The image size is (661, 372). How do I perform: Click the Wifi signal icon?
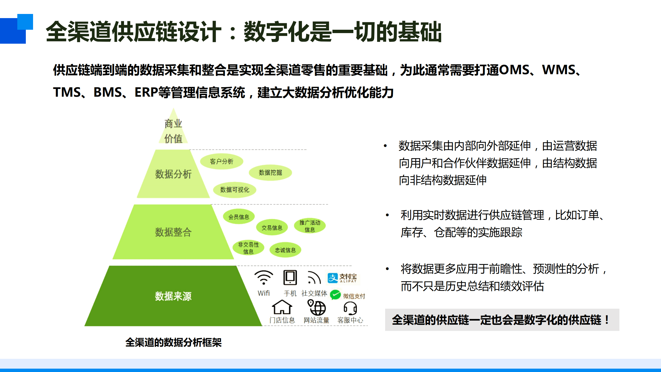coord(263,278)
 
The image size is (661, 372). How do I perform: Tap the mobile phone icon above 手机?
coord(290,278)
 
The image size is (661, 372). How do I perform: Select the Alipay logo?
coord(342,278)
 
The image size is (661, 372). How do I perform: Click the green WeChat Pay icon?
coord(335,295)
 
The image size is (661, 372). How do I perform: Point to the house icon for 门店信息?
coord(282,307)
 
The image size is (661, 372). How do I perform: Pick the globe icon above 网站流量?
coord(317,307)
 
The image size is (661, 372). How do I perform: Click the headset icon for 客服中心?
coord(350,308)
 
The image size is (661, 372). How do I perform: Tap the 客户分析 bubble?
coord(221,162)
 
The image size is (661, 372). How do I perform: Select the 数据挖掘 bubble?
coord(270,173)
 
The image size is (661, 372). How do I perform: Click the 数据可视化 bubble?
coord(235,190)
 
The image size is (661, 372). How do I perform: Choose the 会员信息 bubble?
coord(239,217)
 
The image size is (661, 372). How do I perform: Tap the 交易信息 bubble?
coord(272,228)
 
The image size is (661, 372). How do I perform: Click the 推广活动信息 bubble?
coord(310,226)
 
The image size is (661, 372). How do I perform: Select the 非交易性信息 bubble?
coord(248,248)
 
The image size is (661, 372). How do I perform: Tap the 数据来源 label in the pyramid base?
coord(173,296)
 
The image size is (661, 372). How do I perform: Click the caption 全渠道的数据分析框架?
coord(173,343)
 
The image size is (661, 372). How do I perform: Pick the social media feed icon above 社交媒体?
coord(314,278)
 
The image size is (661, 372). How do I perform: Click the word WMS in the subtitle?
coord(558,70)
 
